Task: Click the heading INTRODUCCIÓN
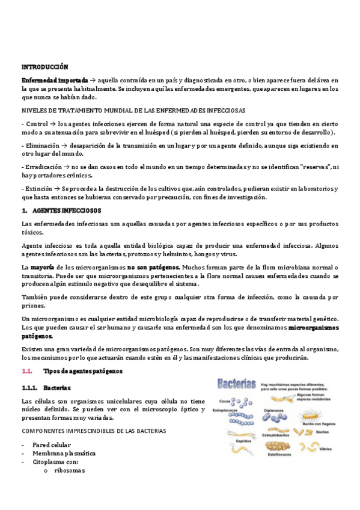[x=45, y=67]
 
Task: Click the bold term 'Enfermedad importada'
[x=55, y=80]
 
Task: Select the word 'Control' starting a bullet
[x=37, y=124]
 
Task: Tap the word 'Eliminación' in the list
[x=41, y=146]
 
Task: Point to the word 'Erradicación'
[x=43, y=167]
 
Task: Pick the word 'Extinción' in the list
[x=40, y=189]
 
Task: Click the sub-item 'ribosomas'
[x=70, y=471]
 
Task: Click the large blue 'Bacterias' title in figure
[x=236, y=383]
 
